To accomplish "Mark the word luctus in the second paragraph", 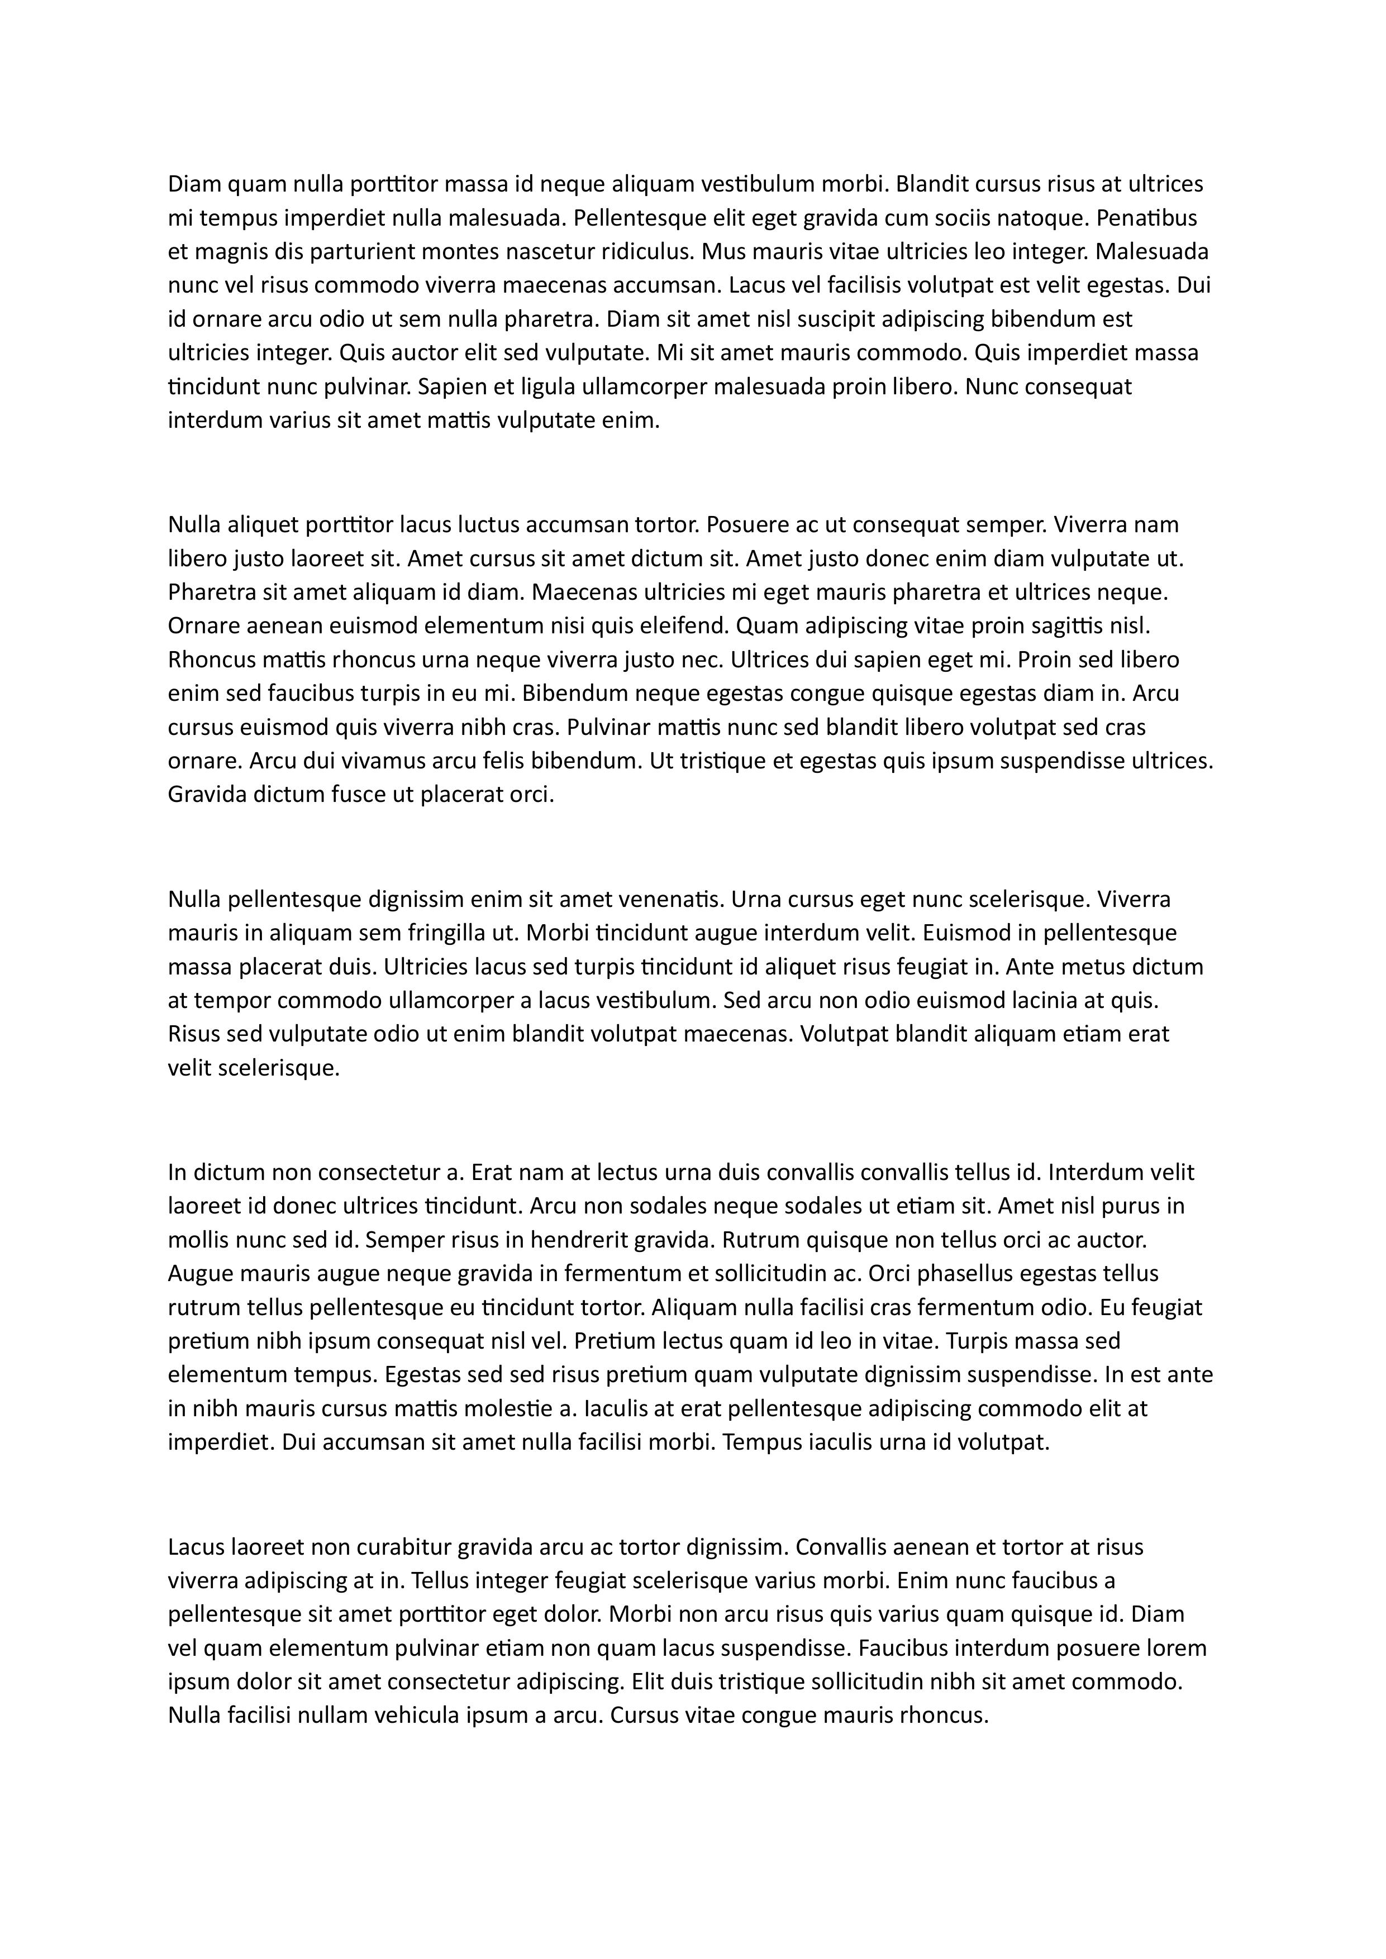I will (x=483, y=524).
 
